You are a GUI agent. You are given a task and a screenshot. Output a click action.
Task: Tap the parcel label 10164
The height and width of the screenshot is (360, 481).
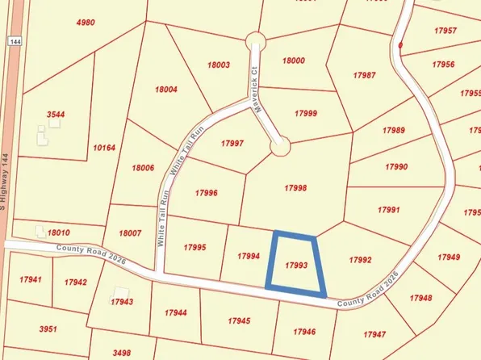(x=105, y=149)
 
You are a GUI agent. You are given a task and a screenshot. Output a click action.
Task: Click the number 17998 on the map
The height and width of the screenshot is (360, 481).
(x=295, y=187)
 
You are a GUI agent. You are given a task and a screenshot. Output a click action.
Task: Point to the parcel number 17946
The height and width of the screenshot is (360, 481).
(x=304, y=331)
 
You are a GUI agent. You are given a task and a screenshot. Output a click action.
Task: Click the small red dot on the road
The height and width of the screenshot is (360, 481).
(x=400, y=44)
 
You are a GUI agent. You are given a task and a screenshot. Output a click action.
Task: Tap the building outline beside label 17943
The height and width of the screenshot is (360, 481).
(x=120, y=292)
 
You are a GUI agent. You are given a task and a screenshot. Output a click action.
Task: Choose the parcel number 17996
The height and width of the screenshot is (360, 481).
(x=207, y=193)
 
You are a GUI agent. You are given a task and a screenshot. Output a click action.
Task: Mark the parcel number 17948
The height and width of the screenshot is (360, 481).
(x=420, y=298)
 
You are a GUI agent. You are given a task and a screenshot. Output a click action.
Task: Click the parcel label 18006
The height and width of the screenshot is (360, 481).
(x=142, y=168)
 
